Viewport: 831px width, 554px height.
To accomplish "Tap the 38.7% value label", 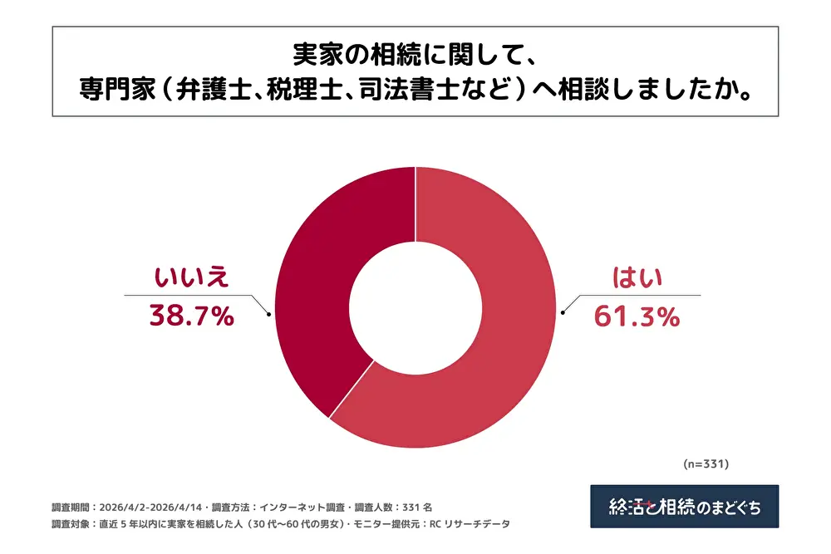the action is coord(192,316).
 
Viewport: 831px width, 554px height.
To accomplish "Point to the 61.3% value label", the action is coord(637,316).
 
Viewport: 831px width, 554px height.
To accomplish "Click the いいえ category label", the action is coord(191,277).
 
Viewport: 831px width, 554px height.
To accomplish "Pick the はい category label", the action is coord(637,277).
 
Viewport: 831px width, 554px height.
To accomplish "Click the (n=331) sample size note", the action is coord(706,464).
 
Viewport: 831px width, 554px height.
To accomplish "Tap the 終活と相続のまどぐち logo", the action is coord(685,507).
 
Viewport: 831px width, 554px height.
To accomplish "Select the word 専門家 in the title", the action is coord(118,88).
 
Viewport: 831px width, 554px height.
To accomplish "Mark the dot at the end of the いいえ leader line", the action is coord(269,315).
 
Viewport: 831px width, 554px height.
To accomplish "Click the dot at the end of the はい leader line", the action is coord(563,312).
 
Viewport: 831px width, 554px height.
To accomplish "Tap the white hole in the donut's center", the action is coord(415,307).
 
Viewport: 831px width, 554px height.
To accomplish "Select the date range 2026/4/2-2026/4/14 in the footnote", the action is coord(150,507).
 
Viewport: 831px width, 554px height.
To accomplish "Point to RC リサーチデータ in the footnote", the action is coord(470,524).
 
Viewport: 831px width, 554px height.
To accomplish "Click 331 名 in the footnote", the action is coord(417,507).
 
